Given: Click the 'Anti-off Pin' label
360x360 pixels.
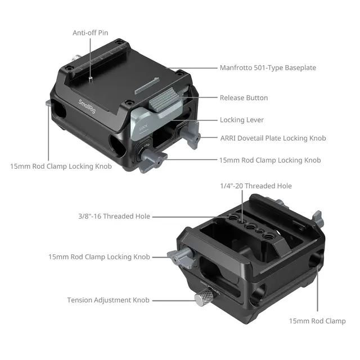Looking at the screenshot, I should pos(91,33).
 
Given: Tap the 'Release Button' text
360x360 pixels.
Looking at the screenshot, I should pos(244,98).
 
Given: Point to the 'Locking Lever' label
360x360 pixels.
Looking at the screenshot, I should pos(241,120).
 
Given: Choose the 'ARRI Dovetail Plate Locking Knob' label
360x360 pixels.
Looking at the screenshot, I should pos(273,138).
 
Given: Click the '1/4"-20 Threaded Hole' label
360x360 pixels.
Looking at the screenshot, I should pos(255,186).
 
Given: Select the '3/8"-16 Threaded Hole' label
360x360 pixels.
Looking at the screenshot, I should pos(114,216).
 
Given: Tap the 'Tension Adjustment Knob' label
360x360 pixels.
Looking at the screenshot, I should pos(109,300).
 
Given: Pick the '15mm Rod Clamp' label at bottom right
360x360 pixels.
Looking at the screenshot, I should pos(317,321).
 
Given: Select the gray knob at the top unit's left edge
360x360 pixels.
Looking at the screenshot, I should pos(49,104).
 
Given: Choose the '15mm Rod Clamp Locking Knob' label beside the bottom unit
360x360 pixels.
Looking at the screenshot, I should pos(99,257).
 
